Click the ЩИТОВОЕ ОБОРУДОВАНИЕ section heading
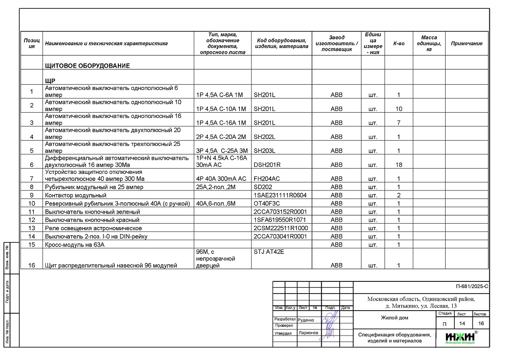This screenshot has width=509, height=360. click(87, 66)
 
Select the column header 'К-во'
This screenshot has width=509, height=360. click(399, 44)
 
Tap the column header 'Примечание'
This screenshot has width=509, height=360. click(466, 44)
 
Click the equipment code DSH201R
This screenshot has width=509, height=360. click(267, 165)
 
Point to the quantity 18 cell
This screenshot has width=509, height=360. click(399, 165)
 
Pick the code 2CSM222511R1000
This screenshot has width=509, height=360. click(280, 228)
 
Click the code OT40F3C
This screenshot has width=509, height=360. click(267, 204)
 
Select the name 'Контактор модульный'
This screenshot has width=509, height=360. click(76, 195)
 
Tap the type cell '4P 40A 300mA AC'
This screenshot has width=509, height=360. click(221, 179)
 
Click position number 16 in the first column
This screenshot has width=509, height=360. click(31, 265)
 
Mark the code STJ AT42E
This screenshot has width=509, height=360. click(269, 252)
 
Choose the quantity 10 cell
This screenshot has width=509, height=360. click(399, 109)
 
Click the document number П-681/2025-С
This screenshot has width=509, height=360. click(471, 287)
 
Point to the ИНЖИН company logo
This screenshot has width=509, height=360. click(461, 337)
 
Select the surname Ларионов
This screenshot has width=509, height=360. click(308, 333)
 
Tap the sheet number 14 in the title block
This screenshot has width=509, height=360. click(461, 323)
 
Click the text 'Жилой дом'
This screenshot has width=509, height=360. click(394, 318)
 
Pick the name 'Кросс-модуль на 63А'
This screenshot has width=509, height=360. click(75, 245)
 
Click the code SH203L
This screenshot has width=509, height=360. click(265, 151)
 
